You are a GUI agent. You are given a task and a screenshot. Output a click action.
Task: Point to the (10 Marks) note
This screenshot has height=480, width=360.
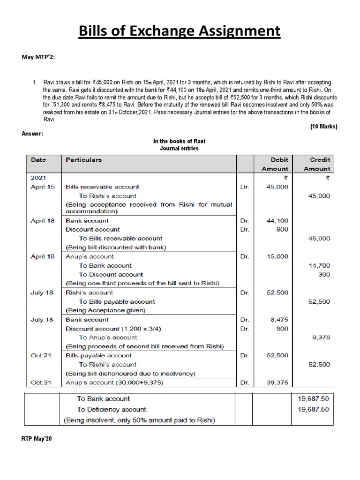click(x=323, y=127)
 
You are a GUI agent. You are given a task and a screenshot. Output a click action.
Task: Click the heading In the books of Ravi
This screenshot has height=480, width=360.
click(x=180, y=141)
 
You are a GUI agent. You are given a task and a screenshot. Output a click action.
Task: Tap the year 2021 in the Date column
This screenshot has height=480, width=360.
click(x=38, y=178)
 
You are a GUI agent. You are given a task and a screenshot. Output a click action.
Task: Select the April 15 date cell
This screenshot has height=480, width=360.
click(x=42, y=187)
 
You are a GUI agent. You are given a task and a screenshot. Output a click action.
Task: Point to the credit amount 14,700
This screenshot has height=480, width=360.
click(x=319, y=265)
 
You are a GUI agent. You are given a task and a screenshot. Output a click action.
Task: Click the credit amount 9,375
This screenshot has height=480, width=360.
click(x=321, y=337)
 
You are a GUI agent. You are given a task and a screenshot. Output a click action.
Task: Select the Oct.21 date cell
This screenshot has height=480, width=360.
click(x=41, y=355)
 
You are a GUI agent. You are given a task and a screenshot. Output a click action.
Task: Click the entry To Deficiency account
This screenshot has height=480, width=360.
click(x=112, y=409)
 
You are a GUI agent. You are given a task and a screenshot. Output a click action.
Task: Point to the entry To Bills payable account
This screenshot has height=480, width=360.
click(x=117, y=301)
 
